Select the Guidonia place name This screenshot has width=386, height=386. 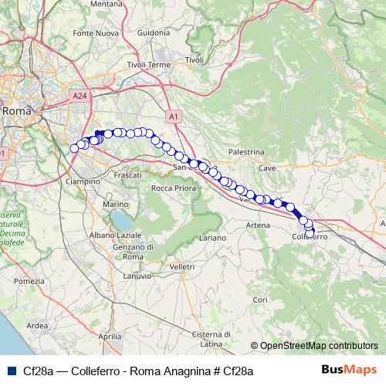coord(153,32)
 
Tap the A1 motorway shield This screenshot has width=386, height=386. coord(173,116)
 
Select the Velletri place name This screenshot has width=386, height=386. coord(182,266)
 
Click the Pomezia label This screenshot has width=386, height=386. coord(29,281)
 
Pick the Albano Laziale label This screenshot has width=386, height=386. coord(113,234)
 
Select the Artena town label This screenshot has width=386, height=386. coord(258,225)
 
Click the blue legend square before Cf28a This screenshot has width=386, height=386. coord(9,371)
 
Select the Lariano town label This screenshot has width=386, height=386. coord(212,239)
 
